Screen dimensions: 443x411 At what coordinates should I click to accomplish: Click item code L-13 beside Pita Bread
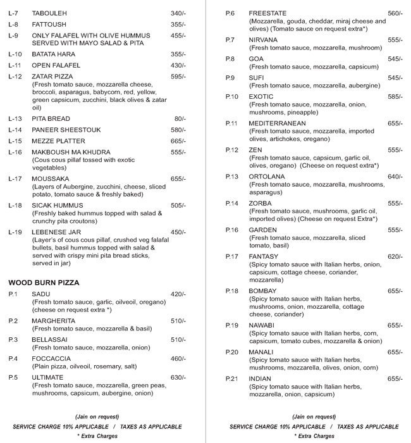click(15, 118)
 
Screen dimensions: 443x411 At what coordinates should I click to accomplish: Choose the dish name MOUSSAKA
click(51, 179)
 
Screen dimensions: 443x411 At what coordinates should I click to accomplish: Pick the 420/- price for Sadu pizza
click(178, 294)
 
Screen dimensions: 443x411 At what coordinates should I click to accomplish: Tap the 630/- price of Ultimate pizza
click(178, 378)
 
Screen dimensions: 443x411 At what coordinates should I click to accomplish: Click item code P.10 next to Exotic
click(232, 97)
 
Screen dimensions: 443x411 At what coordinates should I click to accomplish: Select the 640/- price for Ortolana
click(395, 177)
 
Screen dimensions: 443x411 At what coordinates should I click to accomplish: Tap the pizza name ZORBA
click(261, 203)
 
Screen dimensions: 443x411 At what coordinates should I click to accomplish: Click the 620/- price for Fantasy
click(395, 256)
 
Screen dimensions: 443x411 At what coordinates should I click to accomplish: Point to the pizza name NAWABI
click(262, 325)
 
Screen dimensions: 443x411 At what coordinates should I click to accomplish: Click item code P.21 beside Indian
click(232, 378)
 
